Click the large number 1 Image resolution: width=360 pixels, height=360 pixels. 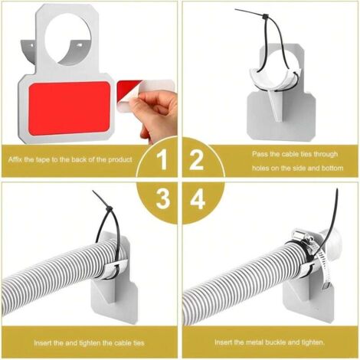(x=161, y=161)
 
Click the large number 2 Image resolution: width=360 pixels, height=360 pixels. (x=197, y=161)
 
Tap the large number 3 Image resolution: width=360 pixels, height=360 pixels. (x=161, y=199)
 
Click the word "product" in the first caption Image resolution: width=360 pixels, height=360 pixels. (x=119, y=159)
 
